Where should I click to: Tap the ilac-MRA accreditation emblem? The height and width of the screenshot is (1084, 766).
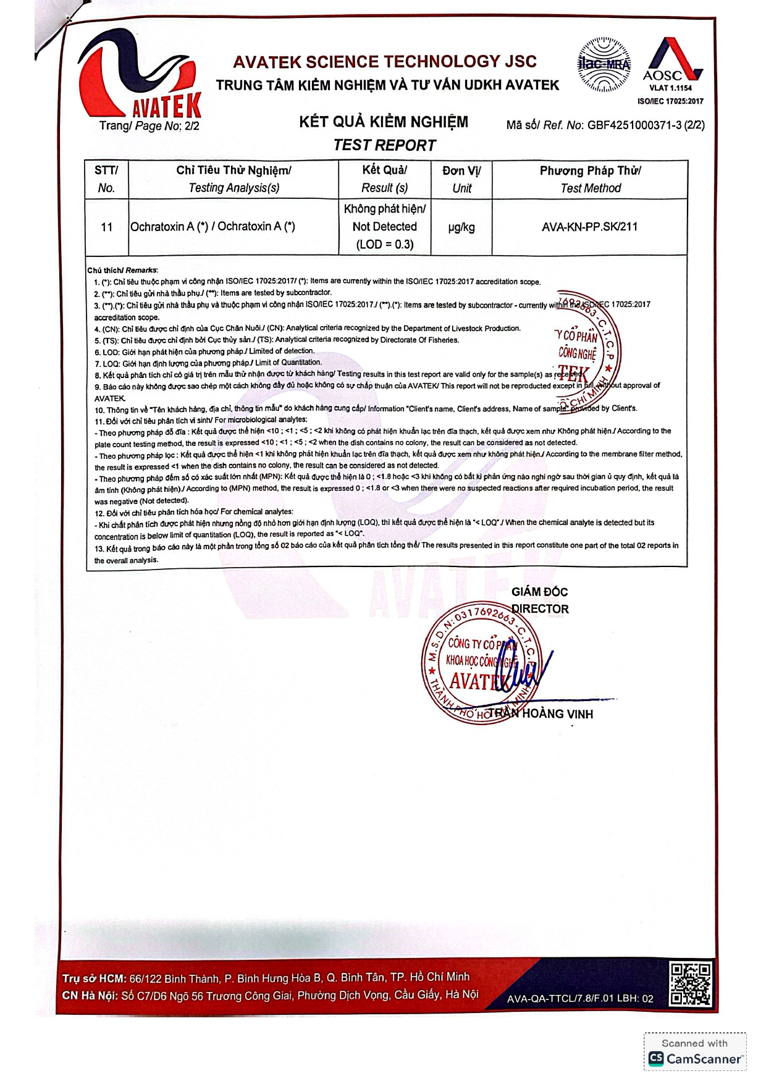pyautogui.click(x=604, y=64)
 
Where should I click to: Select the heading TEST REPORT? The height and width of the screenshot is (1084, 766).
pyautogui.click(x=384, y=145)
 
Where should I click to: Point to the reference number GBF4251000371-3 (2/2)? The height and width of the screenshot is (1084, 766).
pyautogui.click(x=646, y=125)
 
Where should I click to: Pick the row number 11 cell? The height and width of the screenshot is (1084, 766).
pyautogui.click(x=106, y=227)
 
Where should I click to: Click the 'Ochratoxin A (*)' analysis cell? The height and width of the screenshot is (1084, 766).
pyautogui.click(x=213, y=227)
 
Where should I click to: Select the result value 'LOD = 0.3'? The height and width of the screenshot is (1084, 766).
pyautogui.click(x=384, y=245)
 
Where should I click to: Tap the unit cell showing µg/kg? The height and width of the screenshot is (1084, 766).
pyautogui.click(x=461, y=227)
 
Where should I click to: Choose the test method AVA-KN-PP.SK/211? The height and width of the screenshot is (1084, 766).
pyautogui.click(x=589, y=227)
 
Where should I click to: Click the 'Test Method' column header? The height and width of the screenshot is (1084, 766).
pyautogui.click(x=591, y=188)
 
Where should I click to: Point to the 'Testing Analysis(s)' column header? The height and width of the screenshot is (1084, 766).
pyautogui.click(x=234, y=188)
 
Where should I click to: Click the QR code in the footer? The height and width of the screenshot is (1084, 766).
pyautogui.click(x=691, y=983)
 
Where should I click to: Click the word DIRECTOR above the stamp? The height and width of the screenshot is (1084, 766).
pyautogui.click(x=540, y=609)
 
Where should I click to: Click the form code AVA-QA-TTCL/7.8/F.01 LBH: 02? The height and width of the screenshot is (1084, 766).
pyautogui.click(x=580, y=998)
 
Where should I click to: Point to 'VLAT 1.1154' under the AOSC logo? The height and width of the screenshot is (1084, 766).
pyautogui.click(x=671, y=88)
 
